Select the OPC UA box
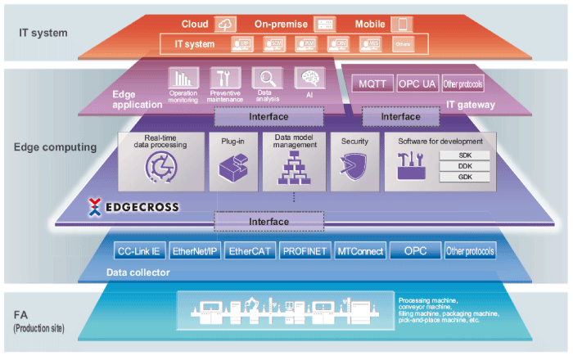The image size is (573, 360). coord(417,83)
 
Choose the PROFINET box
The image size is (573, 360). coord(305,251)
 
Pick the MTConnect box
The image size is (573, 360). coord(360,251)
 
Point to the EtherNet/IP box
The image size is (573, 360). coord(196,251)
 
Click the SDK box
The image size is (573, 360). coord(463,155)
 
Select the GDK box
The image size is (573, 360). coord(463,177)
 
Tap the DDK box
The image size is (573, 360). coord(463,166)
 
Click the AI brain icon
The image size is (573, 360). coord(310,79)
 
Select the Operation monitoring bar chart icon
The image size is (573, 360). coord(183,79)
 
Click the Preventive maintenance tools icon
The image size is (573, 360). coord(224,79)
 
